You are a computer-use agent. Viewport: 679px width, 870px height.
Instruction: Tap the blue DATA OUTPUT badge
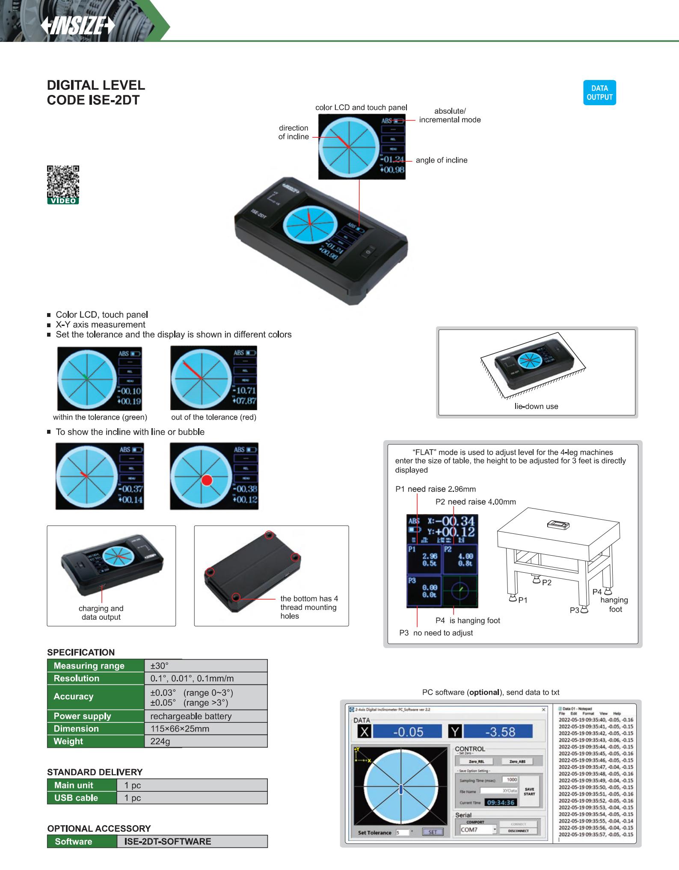coord(599,93)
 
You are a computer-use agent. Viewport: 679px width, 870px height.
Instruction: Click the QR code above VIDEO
coord(63,181)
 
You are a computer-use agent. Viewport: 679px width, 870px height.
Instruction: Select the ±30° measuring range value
coord(160,666)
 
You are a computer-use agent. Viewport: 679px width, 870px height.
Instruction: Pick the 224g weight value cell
coord(160,741)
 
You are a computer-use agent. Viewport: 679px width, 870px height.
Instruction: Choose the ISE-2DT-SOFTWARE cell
coord(167,841)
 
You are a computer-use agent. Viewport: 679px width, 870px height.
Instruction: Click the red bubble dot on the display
coord(207,480)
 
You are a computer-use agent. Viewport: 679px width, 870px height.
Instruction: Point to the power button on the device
coord(367,253)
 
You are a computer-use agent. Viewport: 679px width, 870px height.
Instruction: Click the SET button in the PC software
coord(433,832)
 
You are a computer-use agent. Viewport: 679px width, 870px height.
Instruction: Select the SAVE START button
coord(529,791)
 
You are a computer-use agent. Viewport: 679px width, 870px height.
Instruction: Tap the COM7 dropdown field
coord(478,829)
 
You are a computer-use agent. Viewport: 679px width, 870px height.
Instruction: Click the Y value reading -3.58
coord(500,732)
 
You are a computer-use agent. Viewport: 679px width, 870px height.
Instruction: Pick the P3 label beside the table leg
coord(574,610)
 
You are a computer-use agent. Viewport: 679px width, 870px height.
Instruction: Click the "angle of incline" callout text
coord(441,160)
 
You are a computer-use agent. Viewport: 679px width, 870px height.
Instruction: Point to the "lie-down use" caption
coord(536,406)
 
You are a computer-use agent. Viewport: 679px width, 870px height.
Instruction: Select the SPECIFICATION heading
coord(81,652)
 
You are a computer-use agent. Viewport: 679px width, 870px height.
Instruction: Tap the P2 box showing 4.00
coord(460,559)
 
